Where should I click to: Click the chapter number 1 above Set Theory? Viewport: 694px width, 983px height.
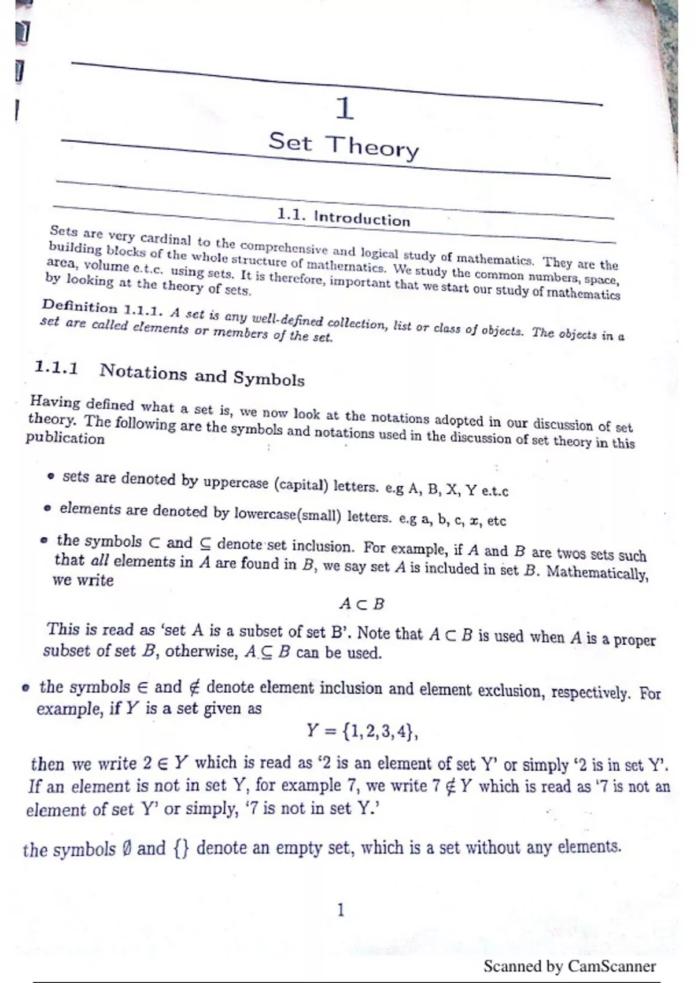coord(345,109)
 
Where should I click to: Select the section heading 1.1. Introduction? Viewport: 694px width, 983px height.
coord(344,217)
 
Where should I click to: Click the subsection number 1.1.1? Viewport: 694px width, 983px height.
coord(56,368)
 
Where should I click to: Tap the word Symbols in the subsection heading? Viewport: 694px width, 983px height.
coord(269,379)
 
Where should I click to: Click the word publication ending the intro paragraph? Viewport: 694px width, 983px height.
coord(65,438)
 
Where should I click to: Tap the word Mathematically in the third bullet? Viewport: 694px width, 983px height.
coord(597,573)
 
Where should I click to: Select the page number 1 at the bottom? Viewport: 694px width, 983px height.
coord(341,911)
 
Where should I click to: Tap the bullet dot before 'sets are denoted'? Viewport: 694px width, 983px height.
coord(51,478)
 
